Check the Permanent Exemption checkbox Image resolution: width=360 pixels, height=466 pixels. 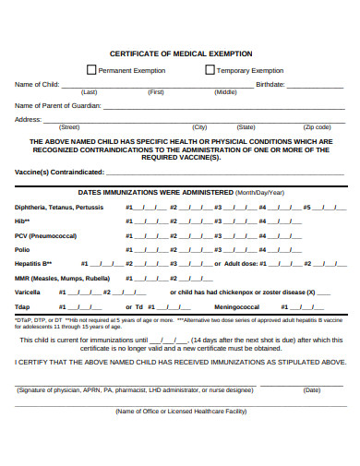(91, 69)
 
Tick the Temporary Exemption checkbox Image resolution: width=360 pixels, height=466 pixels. (210, 69)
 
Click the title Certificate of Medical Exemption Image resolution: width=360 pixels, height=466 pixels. (181, 54)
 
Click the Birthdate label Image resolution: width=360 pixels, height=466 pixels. (270, 84)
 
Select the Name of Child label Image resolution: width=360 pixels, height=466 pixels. (37, 84)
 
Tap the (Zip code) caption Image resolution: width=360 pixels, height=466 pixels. (317, 126)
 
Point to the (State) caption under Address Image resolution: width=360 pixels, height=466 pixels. (246, 126)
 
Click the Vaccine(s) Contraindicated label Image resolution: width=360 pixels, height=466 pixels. (59, 172)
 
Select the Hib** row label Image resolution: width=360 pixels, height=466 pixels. (23, 221)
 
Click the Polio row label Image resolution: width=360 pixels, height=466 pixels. (23, 249)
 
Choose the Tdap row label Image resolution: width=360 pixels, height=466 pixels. (23, 305)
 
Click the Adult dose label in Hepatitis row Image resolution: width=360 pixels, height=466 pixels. (242, 263)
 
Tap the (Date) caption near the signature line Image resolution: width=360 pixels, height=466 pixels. (311, 389)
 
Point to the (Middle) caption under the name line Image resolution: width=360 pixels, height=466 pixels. (225, 92)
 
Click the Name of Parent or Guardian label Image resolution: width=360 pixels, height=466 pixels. (57, 105)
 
